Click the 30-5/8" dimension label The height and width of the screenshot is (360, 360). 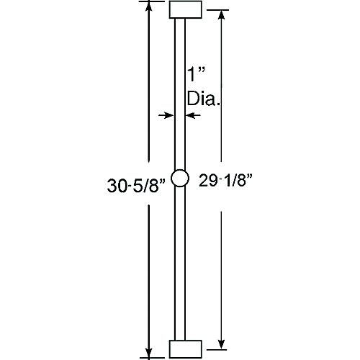click(x=137, y=186)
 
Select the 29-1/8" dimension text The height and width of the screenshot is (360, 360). click(x=226, y=180)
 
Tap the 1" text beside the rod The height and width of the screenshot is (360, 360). click(x=197, y=74)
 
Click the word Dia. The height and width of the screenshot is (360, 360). click(x=204, y=99)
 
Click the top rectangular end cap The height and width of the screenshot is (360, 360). click(x=186, y=9)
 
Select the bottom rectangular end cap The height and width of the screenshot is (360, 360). click(x=186, y=349)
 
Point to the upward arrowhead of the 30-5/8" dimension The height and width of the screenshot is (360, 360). click(x=149, y=7)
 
